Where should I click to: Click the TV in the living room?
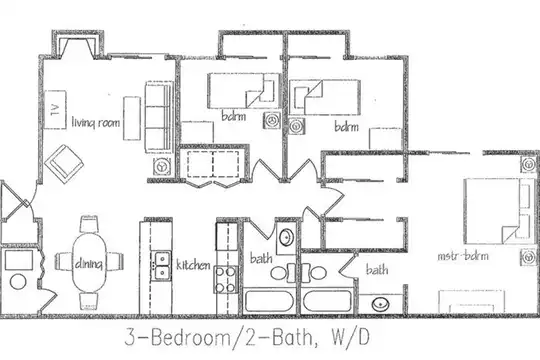point(55,110)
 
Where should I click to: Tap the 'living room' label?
point(96,122)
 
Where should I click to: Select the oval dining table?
point(89,263)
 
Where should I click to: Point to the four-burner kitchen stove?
point(226,279)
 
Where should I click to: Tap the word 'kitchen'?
point(193,265)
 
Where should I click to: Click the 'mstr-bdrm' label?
point(463,256)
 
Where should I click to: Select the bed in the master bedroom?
point(498,211)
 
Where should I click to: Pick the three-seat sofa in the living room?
point(159,117)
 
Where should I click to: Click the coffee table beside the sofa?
point(132,118)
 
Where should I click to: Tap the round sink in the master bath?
point(381,304)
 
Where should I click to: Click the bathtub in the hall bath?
point(269,301)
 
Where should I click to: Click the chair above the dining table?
point(89,224)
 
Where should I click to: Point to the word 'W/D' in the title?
point(350,337)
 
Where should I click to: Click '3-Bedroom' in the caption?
point(177,337)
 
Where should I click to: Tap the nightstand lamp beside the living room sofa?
point(161,167)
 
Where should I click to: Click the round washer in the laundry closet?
point(18,281)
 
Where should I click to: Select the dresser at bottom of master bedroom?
point(471,301)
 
